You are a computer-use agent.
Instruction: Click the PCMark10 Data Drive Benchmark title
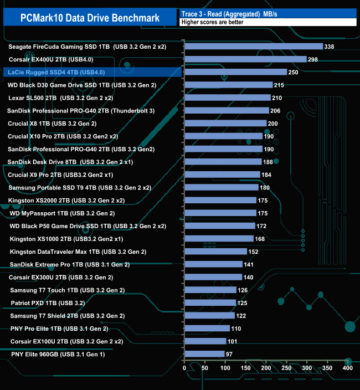(x=90, y=18)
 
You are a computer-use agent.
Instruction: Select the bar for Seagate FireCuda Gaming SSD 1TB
(x=253, y=47)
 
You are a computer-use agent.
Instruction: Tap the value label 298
(x=314, y=59)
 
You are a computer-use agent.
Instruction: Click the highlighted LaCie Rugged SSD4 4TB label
(x=54, y=72)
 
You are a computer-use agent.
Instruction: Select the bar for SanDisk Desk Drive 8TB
(x=223, y=162)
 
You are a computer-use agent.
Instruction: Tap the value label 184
(x=267, y=175)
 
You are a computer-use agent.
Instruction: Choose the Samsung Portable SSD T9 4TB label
(x=80, y=187)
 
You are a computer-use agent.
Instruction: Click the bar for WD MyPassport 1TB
(x=220, y=213)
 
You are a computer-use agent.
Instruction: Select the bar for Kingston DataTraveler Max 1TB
(x=215, y=252)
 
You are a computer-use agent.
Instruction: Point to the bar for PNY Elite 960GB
(x=204, y=354)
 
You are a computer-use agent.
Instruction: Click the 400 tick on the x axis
(x=348, y=368)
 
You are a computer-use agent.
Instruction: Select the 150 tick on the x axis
(x=246, y=368)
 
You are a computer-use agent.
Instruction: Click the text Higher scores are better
(x=208, y=22)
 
